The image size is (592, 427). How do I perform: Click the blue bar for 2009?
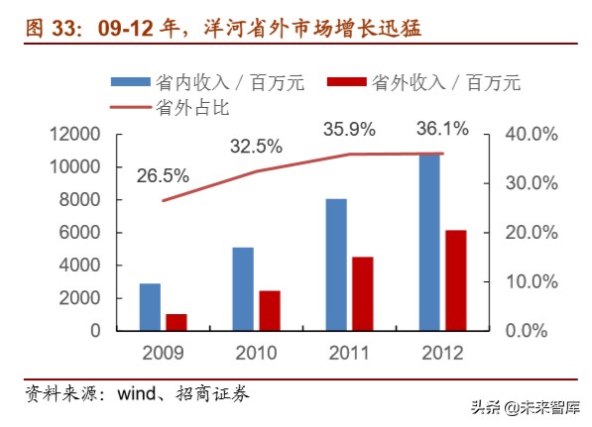pyautogui.click(x=150, y=307)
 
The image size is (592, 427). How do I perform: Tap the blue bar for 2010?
pyautogui.click(x=243, y=288)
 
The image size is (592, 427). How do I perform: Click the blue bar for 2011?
pyautogui.click(x=336, y=265)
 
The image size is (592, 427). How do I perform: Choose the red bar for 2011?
pyautogui.click(x=363, y=293)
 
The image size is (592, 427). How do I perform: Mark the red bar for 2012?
pyautogui.click(x=455, y=280)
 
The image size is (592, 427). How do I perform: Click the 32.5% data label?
pyautogui.click(x=256, y=146)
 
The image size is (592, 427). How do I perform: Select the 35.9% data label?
pyautogui.click(x=350, y=129)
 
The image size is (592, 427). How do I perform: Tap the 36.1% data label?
pyautogui.click(x=442, y=129)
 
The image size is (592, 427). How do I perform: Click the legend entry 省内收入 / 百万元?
pyautogui.click(x=218, y=81)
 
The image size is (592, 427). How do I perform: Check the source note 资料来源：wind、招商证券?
pyautogui.click(x=138, y=393)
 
